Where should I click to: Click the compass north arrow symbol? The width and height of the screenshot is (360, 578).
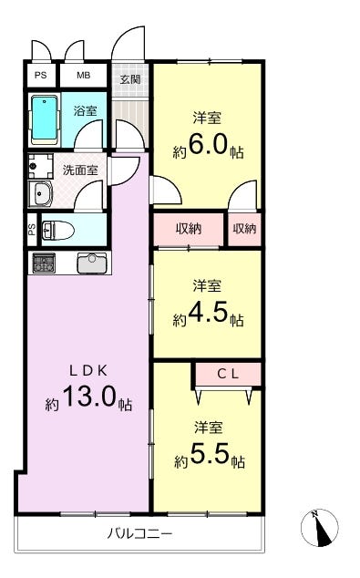coord(320,528)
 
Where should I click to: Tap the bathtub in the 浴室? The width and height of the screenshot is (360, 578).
coord(45,120)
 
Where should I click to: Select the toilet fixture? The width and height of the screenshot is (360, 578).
coord(57,231)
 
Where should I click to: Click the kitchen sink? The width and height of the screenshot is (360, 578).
coord(92,263)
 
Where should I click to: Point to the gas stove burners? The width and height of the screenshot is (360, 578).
coord(44,263)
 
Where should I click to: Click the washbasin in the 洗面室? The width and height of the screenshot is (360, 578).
coord(40,194)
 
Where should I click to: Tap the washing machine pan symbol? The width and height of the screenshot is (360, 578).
coord(40,167)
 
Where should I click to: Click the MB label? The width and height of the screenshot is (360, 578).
coord(83,75)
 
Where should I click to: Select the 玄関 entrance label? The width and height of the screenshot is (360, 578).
coord(130,79)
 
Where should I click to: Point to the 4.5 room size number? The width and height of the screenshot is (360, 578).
coord(208,312)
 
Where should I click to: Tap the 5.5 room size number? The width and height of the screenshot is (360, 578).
coord(210,454)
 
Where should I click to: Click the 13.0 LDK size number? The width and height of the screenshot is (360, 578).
coord(90,397)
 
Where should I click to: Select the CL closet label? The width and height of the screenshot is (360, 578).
coord(228,374)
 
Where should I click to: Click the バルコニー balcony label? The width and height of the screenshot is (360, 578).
coord(139,533)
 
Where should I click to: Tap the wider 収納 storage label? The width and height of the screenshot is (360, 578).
coord(189,229)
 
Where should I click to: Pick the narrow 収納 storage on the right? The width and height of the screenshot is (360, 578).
coord(244,229)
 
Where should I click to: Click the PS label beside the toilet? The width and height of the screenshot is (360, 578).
coord(33,230)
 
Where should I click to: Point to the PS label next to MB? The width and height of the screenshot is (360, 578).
coord(40,75)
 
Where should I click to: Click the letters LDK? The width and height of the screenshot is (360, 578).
coord(88,371)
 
